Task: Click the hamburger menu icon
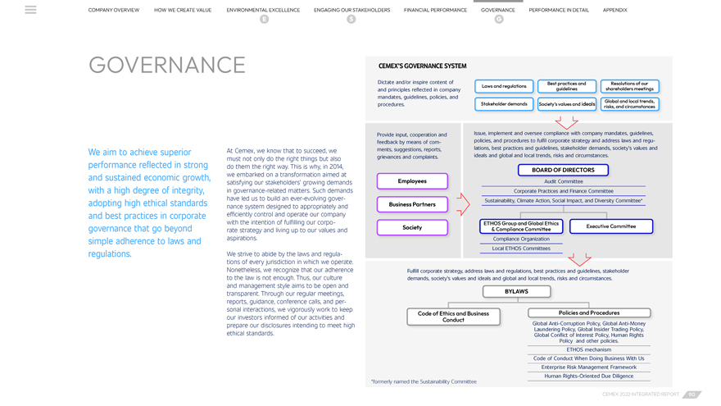30,10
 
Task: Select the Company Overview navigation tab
114,10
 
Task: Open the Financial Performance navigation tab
435,10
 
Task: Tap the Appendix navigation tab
614,10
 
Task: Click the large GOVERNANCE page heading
167,66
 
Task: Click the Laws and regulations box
504,86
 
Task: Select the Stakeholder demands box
504,104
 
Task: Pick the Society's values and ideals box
566,104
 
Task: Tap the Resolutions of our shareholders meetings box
629,86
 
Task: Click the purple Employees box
412,181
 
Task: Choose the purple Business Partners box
412,204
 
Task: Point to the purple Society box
412,227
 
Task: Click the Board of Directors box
563,171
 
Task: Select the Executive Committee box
610,226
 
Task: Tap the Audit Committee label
564,181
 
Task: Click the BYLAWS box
516,291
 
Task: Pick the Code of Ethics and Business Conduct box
453,317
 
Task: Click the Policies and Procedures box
589,312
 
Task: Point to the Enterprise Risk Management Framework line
589,367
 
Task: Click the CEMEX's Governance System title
422,66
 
